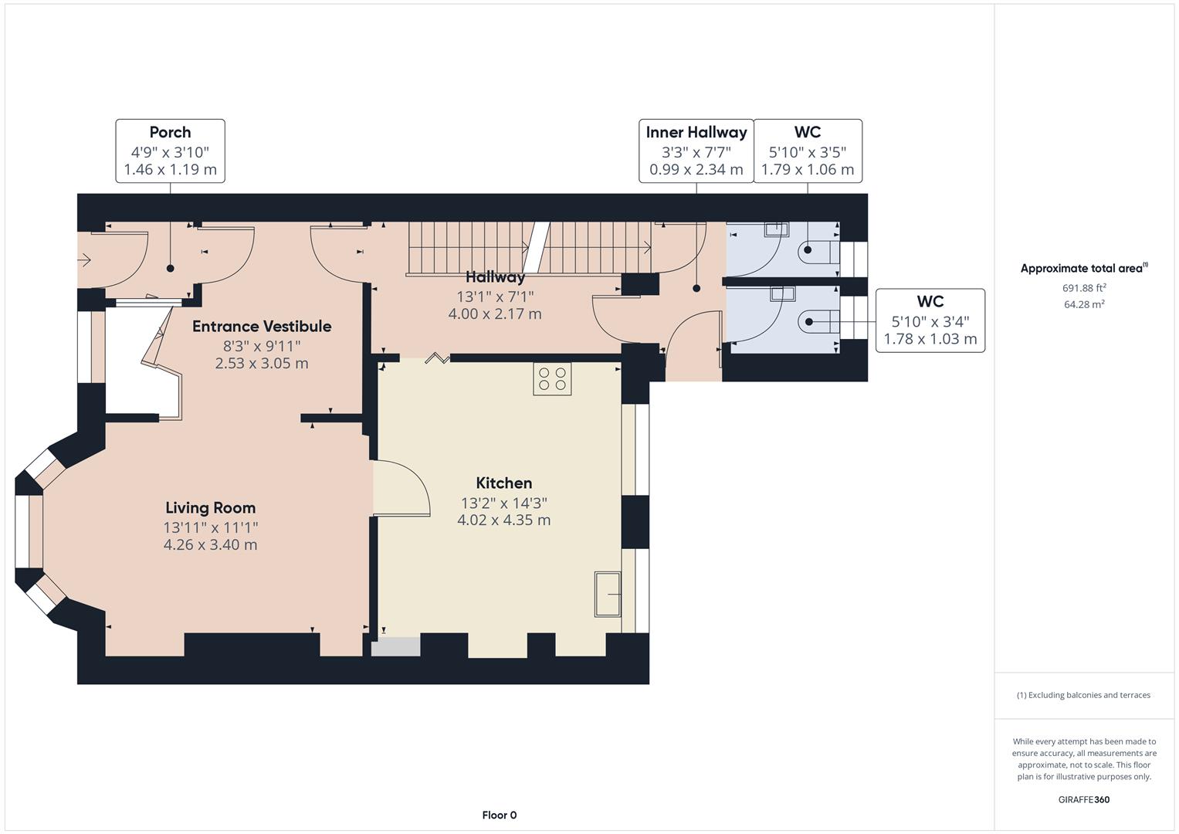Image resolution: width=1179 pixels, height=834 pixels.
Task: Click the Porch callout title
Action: [x=170, y=132]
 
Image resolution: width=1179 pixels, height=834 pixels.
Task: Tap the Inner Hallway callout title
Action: [x=696, y=132]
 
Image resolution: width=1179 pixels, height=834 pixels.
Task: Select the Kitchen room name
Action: [x=503, y=483]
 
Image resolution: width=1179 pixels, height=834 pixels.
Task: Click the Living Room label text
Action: [x=210, y=508]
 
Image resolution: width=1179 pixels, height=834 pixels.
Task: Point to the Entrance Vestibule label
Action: [x=262, y=327]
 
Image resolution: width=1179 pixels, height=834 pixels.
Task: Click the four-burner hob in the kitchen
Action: [x=552, y=378]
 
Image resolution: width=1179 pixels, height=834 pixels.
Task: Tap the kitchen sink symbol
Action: [x=608, y=594]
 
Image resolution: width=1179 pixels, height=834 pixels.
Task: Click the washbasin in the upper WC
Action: [x=776, y=229]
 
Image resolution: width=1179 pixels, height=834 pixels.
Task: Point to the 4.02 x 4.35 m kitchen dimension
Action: [x=503, y=520]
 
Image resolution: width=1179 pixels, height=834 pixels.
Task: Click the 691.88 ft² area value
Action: [x=1084, y=288]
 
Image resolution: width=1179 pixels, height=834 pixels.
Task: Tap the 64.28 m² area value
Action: [x=1084, y=304]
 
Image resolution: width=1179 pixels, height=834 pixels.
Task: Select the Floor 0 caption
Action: [x=499, y=815]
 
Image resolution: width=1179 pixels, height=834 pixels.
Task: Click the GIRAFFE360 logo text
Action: [x=1083, y=800]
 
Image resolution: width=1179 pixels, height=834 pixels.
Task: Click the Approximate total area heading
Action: [x=1082, y=269]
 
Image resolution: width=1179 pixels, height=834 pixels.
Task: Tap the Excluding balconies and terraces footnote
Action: [x=1083, y=695]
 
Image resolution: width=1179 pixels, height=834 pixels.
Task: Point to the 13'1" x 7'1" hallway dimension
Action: [x=495, y=297]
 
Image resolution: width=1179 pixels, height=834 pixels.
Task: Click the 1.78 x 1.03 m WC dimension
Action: [x=930, y=339]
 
